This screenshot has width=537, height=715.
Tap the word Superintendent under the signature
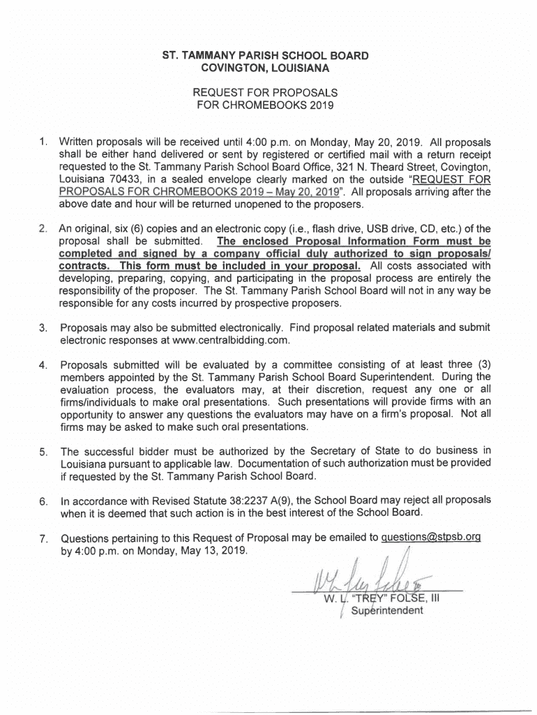coord(387,612)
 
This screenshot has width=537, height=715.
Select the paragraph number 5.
coord(43,451)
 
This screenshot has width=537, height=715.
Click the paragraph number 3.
coord(43,328)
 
